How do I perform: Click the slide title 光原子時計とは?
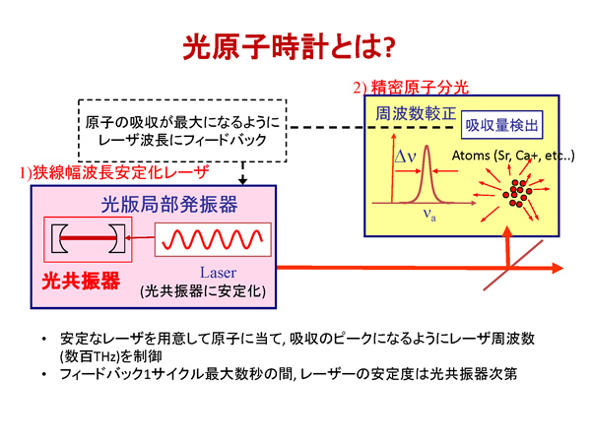click(289, 46)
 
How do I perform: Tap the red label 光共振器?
click(81, 281)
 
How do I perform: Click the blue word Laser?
click(219, 273)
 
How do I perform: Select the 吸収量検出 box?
click(501, 125)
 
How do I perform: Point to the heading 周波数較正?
click(416, 113)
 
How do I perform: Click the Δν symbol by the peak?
click(405, 156)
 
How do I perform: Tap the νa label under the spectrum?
click(429, 214)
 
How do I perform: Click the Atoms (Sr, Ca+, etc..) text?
click(513, 156)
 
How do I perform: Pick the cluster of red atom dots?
click(517, 193)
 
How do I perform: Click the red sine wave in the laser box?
click(212, 239)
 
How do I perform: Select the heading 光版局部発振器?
click(169, 205)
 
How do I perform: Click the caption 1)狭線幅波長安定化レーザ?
click(114, 172)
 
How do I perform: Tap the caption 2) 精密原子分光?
click(411, 88)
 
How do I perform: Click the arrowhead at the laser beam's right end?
click(558, 268)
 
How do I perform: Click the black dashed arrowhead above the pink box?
click(243, 181)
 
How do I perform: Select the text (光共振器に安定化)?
click(203, 290)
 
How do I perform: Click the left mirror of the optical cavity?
click(59, 238)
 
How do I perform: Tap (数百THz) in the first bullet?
click(90, 356)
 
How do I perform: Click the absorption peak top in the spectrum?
click(427, 146)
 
